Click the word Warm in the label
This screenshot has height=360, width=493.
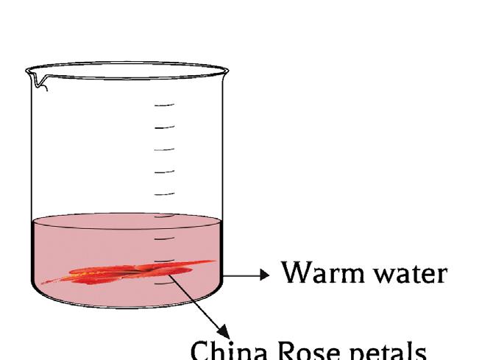point(316,272)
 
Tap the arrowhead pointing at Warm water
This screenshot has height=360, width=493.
point(264,275)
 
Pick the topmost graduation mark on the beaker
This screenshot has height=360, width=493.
point(164,105)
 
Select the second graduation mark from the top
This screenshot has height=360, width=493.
point(164,127)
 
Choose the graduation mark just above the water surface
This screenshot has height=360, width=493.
point(164,194)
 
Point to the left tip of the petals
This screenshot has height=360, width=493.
point(44,283)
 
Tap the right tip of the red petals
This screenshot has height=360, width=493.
point(213,261)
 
